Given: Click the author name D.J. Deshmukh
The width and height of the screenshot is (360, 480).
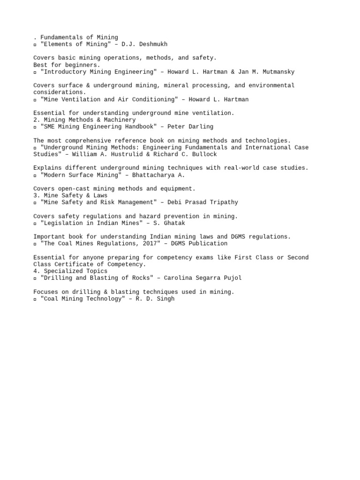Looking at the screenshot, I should coord(144,44).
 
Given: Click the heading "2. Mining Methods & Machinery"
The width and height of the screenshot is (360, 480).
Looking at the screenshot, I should coord(84,120).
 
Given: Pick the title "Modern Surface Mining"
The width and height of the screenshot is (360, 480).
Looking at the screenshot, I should coord(81,175).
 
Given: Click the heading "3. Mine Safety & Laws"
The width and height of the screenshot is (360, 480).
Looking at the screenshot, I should coord(70,195).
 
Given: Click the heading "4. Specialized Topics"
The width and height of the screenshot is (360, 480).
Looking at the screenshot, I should coord(70,271).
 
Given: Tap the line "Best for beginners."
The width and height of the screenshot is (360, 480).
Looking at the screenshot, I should coord(67,65).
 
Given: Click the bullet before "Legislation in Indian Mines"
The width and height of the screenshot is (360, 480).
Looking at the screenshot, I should coord(35,224).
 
